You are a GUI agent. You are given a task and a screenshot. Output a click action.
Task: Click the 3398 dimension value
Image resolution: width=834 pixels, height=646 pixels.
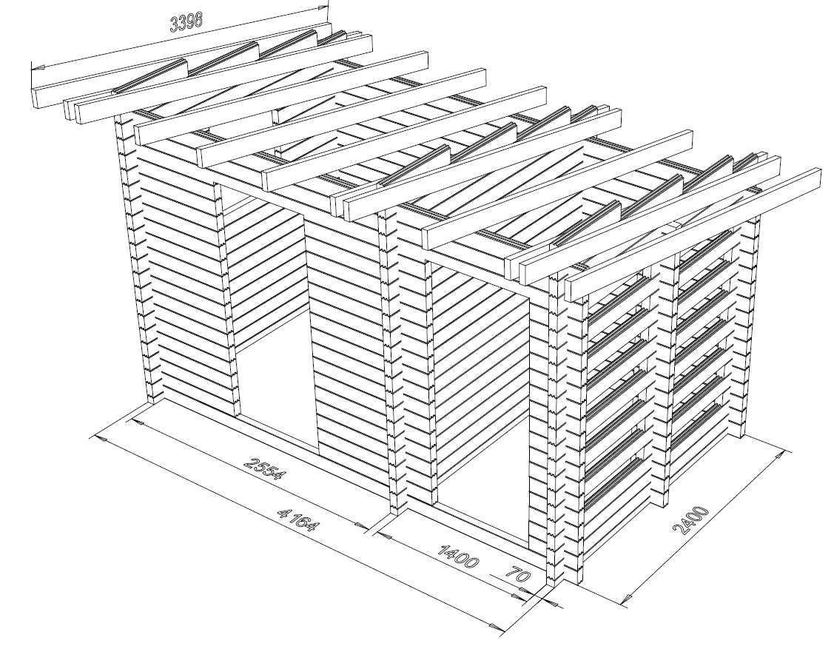coord(186,21)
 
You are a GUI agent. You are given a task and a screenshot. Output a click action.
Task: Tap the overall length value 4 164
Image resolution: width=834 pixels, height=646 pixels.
coord(298,519)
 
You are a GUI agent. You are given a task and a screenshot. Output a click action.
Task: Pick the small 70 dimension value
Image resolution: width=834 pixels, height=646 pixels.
coord(517,576)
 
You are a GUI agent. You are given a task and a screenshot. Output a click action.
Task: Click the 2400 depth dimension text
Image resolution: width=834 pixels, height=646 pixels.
coord(691,520)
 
